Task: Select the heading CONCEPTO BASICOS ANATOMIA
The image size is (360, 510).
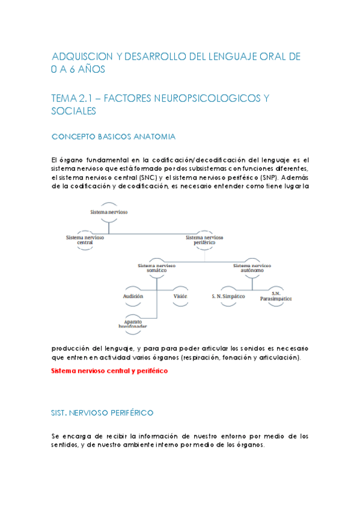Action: [114, 137]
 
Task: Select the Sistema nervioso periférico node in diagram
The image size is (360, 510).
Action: [204, 240]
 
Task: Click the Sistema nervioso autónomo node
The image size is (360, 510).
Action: [252, 268]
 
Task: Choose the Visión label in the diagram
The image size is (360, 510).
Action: [180, 296]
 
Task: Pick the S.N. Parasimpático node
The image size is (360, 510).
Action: [276, 296]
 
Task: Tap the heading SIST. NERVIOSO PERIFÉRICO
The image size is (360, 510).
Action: [102, 413]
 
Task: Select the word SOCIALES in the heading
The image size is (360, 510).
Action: [74, 111]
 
